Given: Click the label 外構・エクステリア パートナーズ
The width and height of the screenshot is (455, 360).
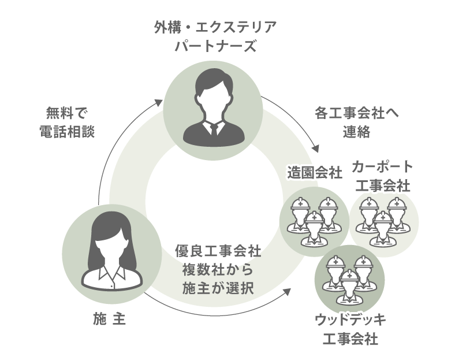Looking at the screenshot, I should (214, 36).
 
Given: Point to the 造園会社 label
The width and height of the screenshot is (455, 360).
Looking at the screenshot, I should (314, 173).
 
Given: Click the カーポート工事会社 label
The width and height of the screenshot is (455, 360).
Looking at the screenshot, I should (382, 176).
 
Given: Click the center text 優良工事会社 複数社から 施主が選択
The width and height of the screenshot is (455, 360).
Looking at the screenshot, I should (218, 269).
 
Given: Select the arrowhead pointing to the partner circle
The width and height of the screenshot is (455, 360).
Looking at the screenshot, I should (161, 102).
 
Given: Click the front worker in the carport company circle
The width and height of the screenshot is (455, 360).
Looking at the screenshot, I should (383, 227).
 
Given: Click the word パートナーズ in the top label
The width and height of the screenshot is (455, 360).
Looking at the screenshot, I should (214, 46).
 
